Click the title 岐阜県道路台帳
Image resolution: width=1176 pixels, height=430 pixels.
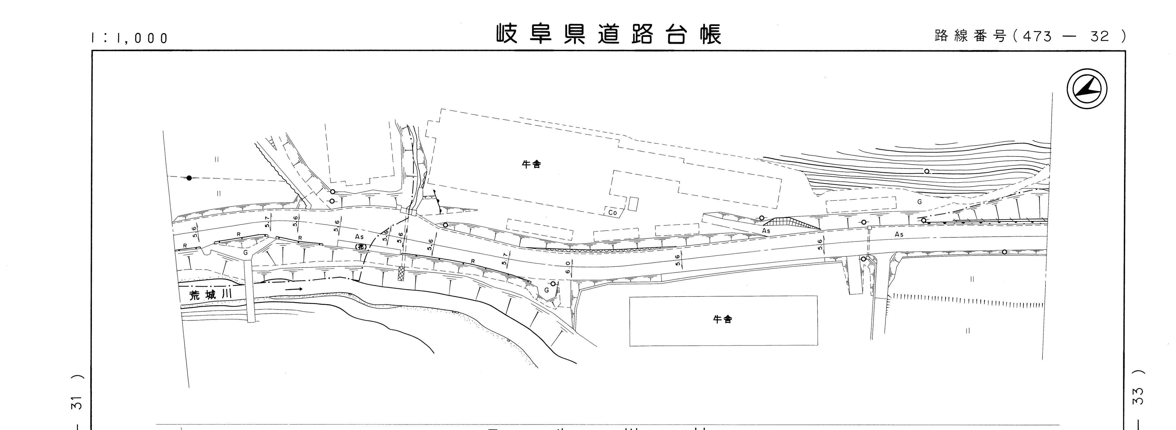(x=609, y=35)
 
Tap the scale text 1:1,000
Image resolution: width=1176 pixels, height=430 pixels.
(x=130, y=38)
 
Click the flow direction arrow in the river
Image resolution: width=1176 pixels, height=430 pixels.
(x=294, y=289)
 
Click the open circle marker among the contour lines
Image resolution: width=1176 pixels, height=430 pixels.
(x=927, y=171)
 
